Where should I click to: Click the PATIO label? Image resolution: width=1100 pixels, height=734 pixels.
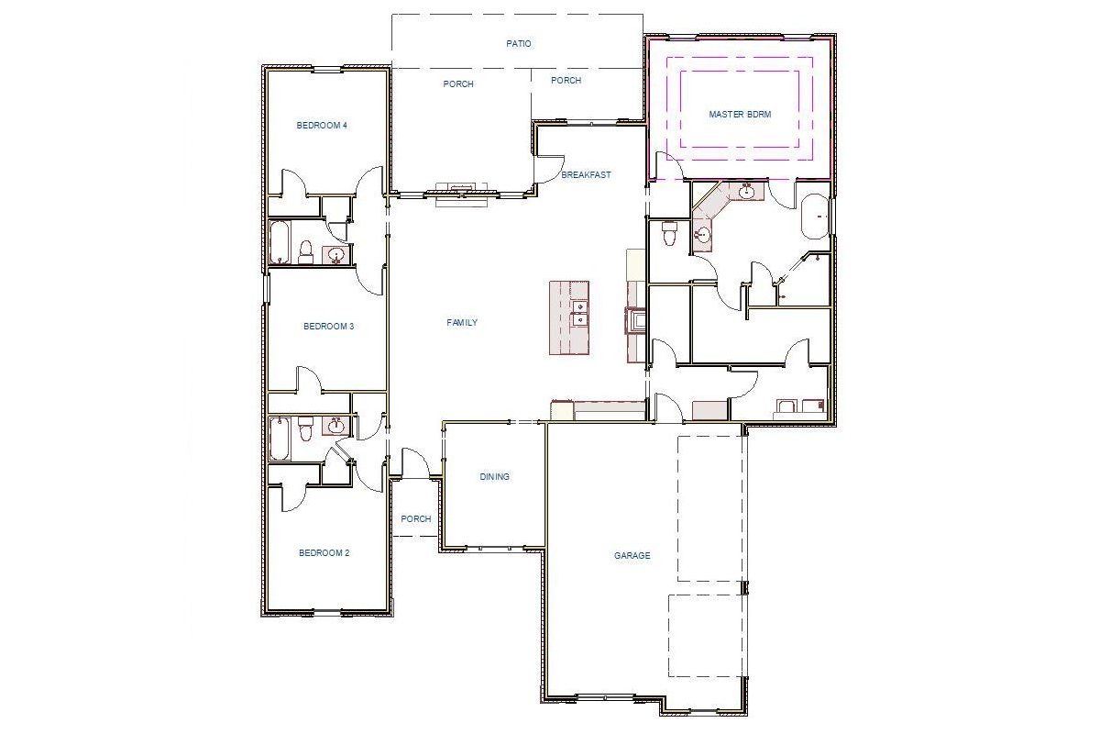point(518,43)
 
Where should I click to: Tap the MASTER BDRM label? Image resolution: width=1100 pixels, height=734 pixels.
point(740,115)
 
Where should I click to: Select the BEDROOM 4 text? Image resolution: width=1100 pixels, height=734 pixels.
point(321,126)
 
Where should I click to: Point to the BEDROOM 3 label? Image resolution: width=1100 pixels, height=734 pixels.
point(328,327)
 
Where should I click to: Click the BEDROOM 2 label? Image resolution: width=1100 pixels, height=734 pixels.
point(324,553)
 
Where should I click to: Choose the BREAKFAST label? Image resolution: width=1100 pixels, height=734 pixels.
point(586,174)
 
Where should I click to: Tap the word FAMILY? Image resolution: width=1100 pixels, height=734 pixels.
point(462,323)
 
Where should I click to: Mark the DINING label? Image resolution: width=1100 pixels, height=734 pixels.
point(494,477)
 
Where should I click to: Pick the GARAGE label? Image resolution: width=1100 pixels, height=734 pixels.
point(632,555)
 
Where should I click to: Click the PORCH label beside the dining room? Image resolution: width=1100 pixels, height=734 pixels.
point(416,519)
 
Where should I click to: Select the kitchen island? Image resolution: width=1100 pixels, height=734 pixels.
point(569,317)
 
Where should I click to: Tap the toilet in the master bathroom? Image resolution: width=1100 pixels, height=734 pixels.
point(669,234)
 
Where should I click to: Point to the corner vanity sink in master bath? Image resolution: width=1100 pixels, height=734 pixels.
point(703,235)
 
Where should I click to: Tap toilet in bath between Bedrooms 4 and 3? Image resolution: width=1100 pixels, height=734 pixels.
point(307,250)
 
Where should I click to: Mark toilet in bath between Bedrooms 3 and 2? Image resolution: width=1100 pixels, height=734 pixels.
point(307,427)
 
